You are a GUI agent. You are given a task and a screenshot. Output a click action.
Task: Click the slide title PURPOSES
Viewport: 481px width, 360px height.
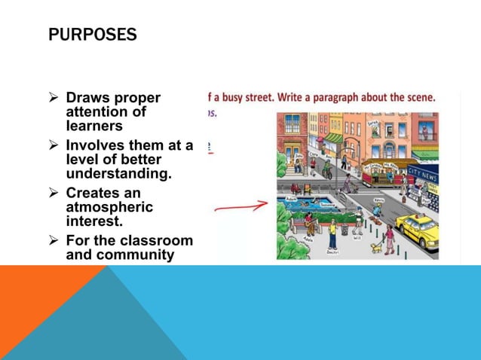(92, 35)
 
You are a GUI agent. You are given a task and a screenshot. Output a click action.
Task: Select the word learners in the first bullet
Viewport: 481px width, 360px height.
(93, 126)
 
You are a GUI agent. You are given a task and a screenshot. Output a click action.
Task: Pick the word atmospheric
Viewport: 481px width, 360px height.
(109, 207)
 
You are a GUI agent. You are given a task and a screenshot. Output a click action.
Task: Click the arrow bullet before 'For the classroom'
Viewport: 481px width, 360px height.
(54, 242)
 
